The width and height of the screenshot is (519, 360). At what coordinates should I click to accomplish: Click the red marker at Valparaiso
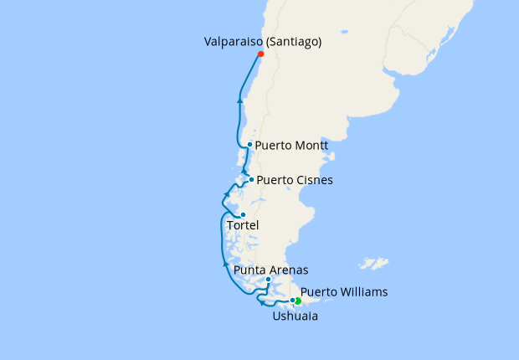260,54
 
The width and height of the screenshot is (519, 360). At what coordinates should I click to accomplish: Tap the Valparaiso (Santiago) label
263,40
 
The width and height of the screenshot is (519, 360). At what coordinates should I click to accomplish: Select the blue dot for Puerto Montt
249,144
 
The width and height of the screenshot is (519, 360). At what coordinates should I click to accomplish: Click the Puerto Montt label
290,145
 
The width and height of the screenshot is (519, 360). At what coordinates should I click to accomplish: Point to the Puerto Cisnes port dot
251,179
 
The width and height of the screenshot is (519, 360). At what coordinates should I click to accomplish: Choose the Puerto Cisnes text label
295,180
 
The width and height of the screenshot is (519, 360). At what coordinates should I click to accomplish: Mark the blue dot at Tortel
243,214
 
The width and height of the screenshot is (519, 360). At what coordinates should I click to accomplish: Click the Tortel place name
244,226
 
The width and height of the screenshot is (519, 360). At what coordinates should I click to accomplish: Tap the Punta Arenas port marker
268,280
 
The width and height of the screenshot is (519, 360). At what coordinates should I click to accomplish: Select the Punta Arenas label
270,270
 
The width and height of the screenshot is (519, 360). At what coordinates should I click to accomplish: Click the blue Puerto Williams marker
292,301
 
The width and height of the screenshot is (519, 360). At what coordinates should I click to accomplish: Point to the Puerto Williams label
344,292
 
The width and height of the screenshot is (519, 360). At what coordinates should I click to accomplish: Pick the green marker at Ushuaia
298,301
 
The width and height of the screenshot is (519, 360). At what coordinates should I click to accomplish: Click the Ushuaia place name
295,316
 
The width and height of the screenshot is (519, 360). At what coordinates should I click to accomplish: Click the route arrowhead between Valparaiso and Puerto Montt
240,100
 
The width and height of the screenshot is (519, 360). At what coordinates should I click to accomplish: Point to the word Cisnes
314,180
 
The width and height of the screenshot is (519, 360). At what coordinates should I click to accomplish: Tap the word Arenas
289,270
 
